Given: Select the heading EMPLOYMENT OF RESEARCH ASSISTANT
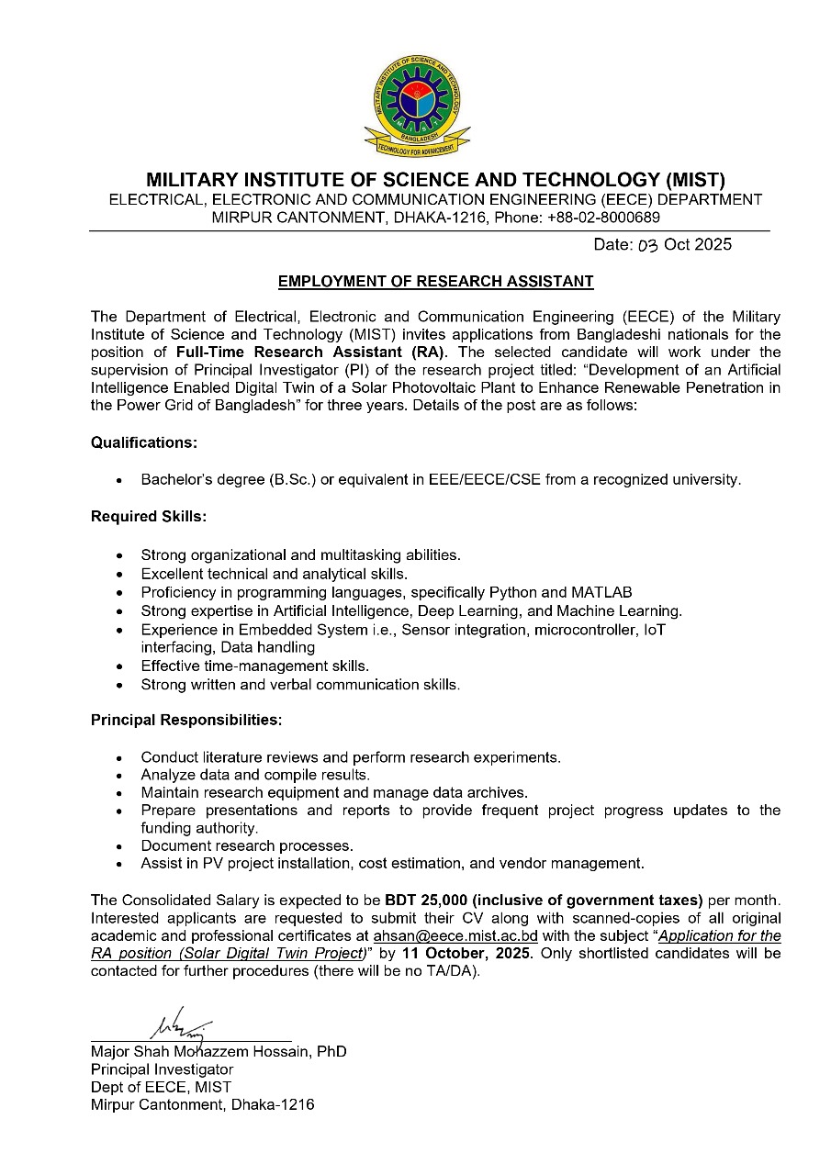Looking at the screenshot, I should click(436, 282).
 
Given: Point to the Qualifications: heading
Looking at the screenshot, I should click(144, 442).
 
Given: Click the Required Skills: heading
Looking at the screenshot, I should click(149, 517).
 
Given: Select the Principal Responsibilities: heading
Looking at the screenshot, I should click(186, 720).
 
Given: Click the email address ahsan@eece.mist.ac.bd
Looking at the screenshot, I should click(455, 936).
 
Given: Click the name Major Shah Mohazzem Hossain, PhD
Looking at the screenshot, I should click(219, 1052).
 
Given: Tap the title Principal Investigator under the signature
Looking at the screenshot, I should click(162, 1069).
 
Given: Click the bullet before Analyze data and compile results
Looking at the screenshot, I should click(119, 776).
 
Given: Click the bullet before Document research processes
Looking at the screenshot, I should click(119, 846).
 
